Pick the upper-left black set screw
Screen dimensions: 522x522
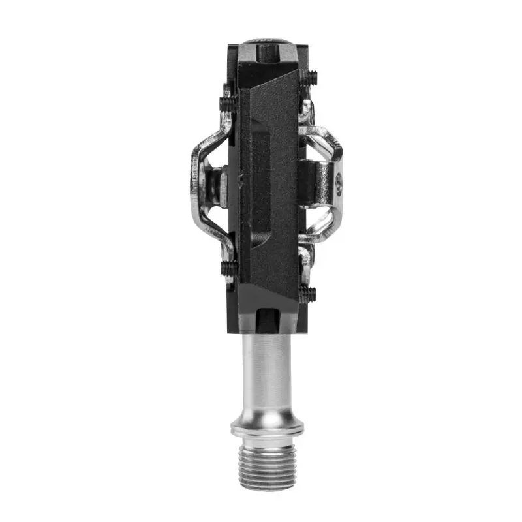pyautogui.click(x=226, y=102)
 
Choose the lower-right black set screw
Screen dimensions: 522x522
pyautogui.click(x=307, y=294)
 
